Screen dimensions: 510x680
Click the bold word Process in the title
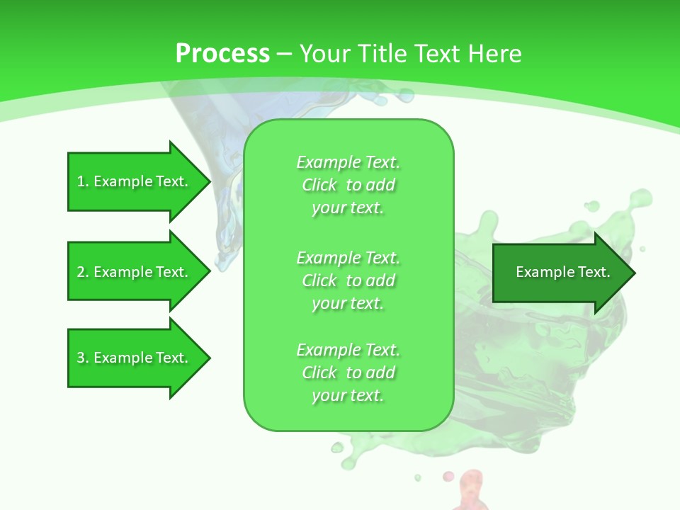[222, 53]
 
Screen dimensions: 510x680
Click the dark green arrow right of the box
[560, 273]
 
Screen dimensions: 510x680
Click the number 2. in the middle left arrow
[83, 272]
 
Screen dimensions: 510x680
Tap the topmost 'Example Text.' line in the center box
[348, 162]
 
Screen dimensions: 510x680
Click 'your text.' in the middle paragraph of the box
[348, 303]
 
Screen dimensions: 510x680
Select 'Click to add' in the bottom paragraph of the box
[348, 373]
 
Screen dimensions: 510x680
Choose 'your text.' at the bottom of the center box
[348, 395]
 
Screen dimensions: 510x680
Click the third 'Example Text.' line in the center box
[348, 350]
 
